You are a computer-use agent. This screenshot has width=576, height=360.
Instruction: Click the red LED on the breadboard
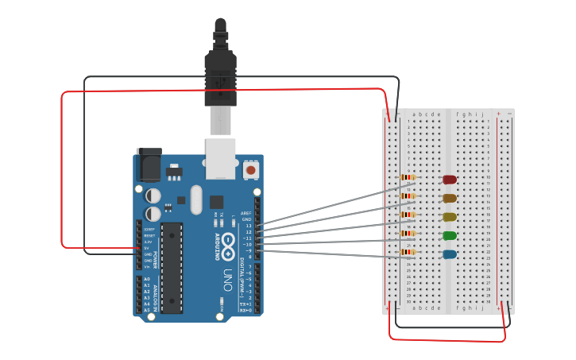450,180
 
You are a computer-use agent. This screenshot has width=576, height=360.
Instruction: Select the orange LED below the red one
450,198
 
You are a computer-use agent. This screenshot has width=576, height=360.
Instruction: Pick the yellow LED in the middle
450,217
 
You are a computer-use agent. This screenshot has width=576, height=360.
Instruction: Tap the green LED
450,236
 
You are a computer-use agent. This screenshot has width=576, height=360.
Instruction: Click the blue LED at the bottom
450,254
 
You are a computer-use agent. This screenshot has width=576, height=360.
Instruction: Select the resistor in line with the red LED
408,178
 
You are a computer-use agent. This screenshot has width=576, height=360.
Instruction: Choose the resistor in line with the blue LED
408,253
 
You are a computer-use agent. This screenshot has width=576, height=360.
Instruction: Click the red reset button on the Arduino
251,169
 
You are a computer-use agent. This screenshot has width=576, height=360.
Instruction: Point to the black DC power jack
149,165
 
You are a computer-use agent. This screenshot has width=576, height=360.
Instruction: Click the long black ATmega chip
172,267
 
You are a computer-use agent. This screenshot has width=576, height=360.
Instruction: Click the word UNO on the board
227,281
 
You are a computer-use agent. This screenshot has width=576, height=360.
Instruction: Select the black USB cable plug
220,72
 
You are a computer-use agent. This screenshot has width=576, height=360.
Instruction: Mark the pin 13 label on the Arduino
249,226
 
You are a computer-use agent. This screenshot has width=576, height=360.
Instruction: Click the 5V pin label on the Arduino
146,248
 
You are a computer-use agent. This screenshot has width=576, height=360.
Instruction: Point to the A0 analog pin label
146,279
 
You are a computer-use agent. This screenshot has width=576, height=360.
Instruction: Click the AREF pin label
247,213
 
